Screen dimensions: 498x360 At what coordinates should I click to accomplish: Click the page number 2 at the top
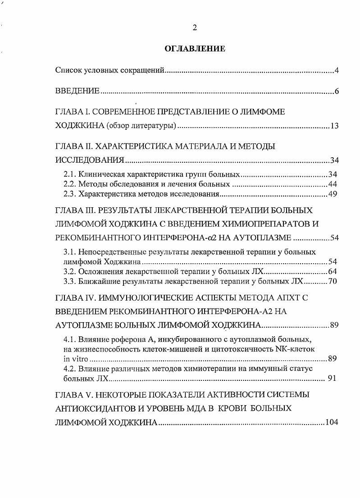coord(195,28)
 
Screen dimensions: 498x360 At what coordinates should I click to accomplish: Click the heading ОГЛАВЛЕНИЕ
coord(195,48)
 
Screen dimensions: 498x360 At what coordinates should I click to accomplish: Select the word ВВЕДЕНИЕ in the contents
coord(77,91)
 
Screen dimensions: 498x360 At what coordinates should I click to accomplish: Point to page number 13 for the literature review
coord(334,126)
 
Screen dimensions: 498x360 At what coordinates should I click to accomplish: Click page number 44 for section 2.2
coord(333,184)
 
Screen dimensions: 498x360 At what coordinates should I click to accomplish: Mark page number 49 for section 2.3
coord(333,194)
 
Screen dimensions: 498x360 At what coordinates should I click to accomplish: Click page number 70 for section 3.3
coord(333,282)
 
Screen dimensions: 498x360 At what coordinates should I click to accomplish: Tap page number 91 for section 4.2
coord(332,379)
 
